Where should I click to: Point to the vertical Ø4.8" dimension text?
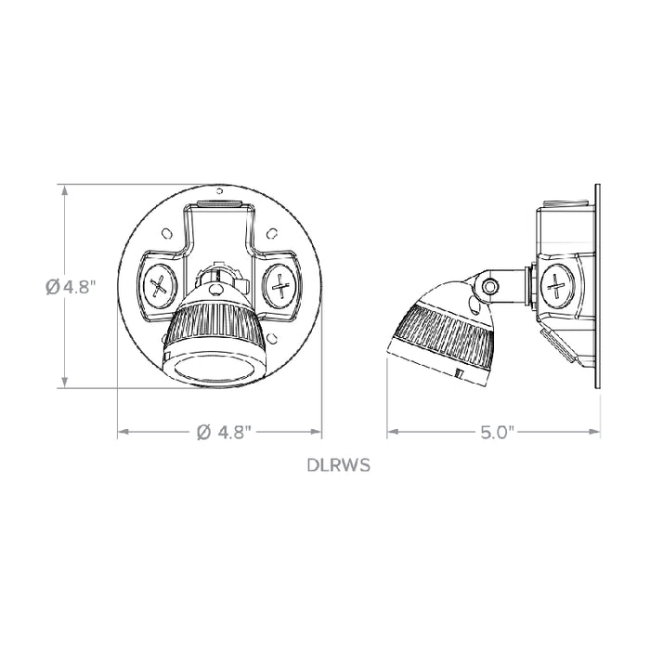pyautogui.click(x=69, y=287)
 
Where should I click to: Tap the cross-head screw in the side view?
pyautogui.click(x=559, y=283)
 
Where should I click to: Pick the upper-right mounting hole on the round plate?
pyautogui.click(x=273, y=234)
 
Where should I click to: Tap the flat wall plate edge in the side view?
pyautogui.click(x=594, y=287)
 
